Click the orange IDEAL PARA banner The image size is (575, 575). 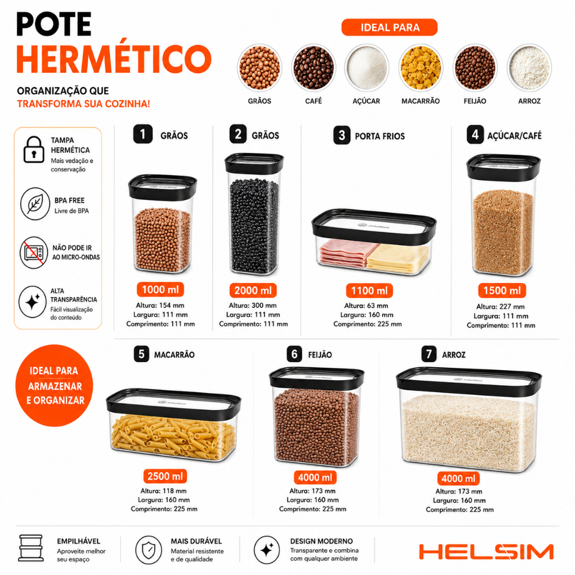390,28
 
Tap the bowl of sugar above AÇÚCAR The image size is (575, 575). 367,68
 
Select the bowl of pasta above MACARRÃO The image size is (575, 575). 421,68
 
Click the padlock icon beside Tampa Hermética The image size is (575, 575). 34,149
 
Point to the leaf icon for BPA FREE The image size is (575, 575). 35,204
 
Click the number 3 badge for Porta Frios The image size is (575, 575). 342,135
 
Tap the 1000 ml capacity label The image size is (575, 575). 160,290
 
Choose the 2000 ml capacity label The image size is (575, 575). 253,290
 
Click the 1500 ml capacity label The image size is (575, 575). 502,290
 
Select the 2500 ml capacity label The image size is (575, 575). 165,476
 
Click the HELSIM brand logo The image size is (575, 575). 486,552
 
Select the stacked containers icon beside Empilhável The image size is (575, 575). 31,548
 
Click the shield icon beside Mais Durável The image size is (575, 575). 148,550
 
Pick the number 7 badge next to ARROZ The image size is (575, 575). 428,354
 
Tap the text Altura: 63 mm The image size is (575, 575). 366,305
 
